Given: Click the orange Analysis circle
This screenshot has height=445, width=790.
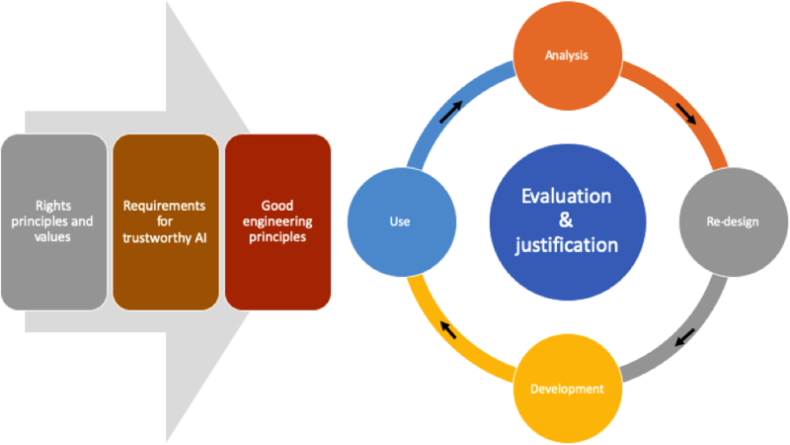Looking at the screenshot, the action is coord(567,55).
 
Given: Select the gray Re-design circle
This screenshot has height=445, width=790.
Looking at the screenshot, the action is coord(734,222).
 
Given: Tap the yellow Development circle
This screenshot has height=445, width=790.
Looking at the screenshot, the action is coord(567,389).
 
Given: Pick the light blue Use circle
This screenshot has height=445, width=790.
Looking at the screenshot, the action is coord(402,222).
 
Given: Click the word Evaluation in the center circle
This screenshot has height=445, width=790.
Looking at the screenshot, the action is coord(566,196).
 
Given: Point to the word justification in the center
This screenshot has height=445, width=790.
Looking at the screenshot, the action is coord(566,245).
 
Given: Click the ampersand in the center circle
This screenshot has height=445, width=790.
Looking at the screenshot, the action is coord(566,220).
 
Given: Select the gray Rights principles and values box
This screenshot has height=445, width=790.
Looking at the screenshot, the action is coord(54,222).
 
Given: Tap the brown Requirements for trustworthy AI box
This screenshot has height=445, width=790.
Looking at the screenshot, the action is coord(166,222).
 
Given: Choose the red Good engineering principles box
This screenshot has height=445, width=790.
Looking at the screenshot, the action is coord(277,222).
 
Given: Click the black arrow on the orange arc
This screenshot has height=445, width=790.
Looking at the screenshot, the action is coord(685,114).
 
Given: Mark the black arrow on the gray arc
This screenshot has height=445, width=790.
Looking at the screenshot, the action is coord(685,337).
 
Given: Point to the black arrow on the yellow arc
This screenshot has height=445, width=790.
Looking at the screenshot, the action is coord(448,330).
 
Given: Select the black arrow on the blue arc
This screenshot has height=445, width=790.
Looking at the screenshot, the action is coord(450,112).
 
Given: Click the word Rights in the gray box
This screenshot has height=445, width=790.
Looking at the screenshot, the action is coord(53,206).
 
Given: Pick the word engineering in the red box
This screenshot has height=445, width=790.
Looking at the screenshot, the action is coord(277,222).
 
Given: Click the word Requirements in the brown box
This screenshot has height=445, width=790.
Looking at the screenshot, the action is coord(164,206).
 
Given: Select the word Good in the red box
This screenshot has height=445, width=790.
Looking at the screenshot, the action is coord(277,206).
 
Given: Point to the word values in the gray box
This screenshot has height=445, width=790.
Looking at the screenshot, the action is coord(52,237).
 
